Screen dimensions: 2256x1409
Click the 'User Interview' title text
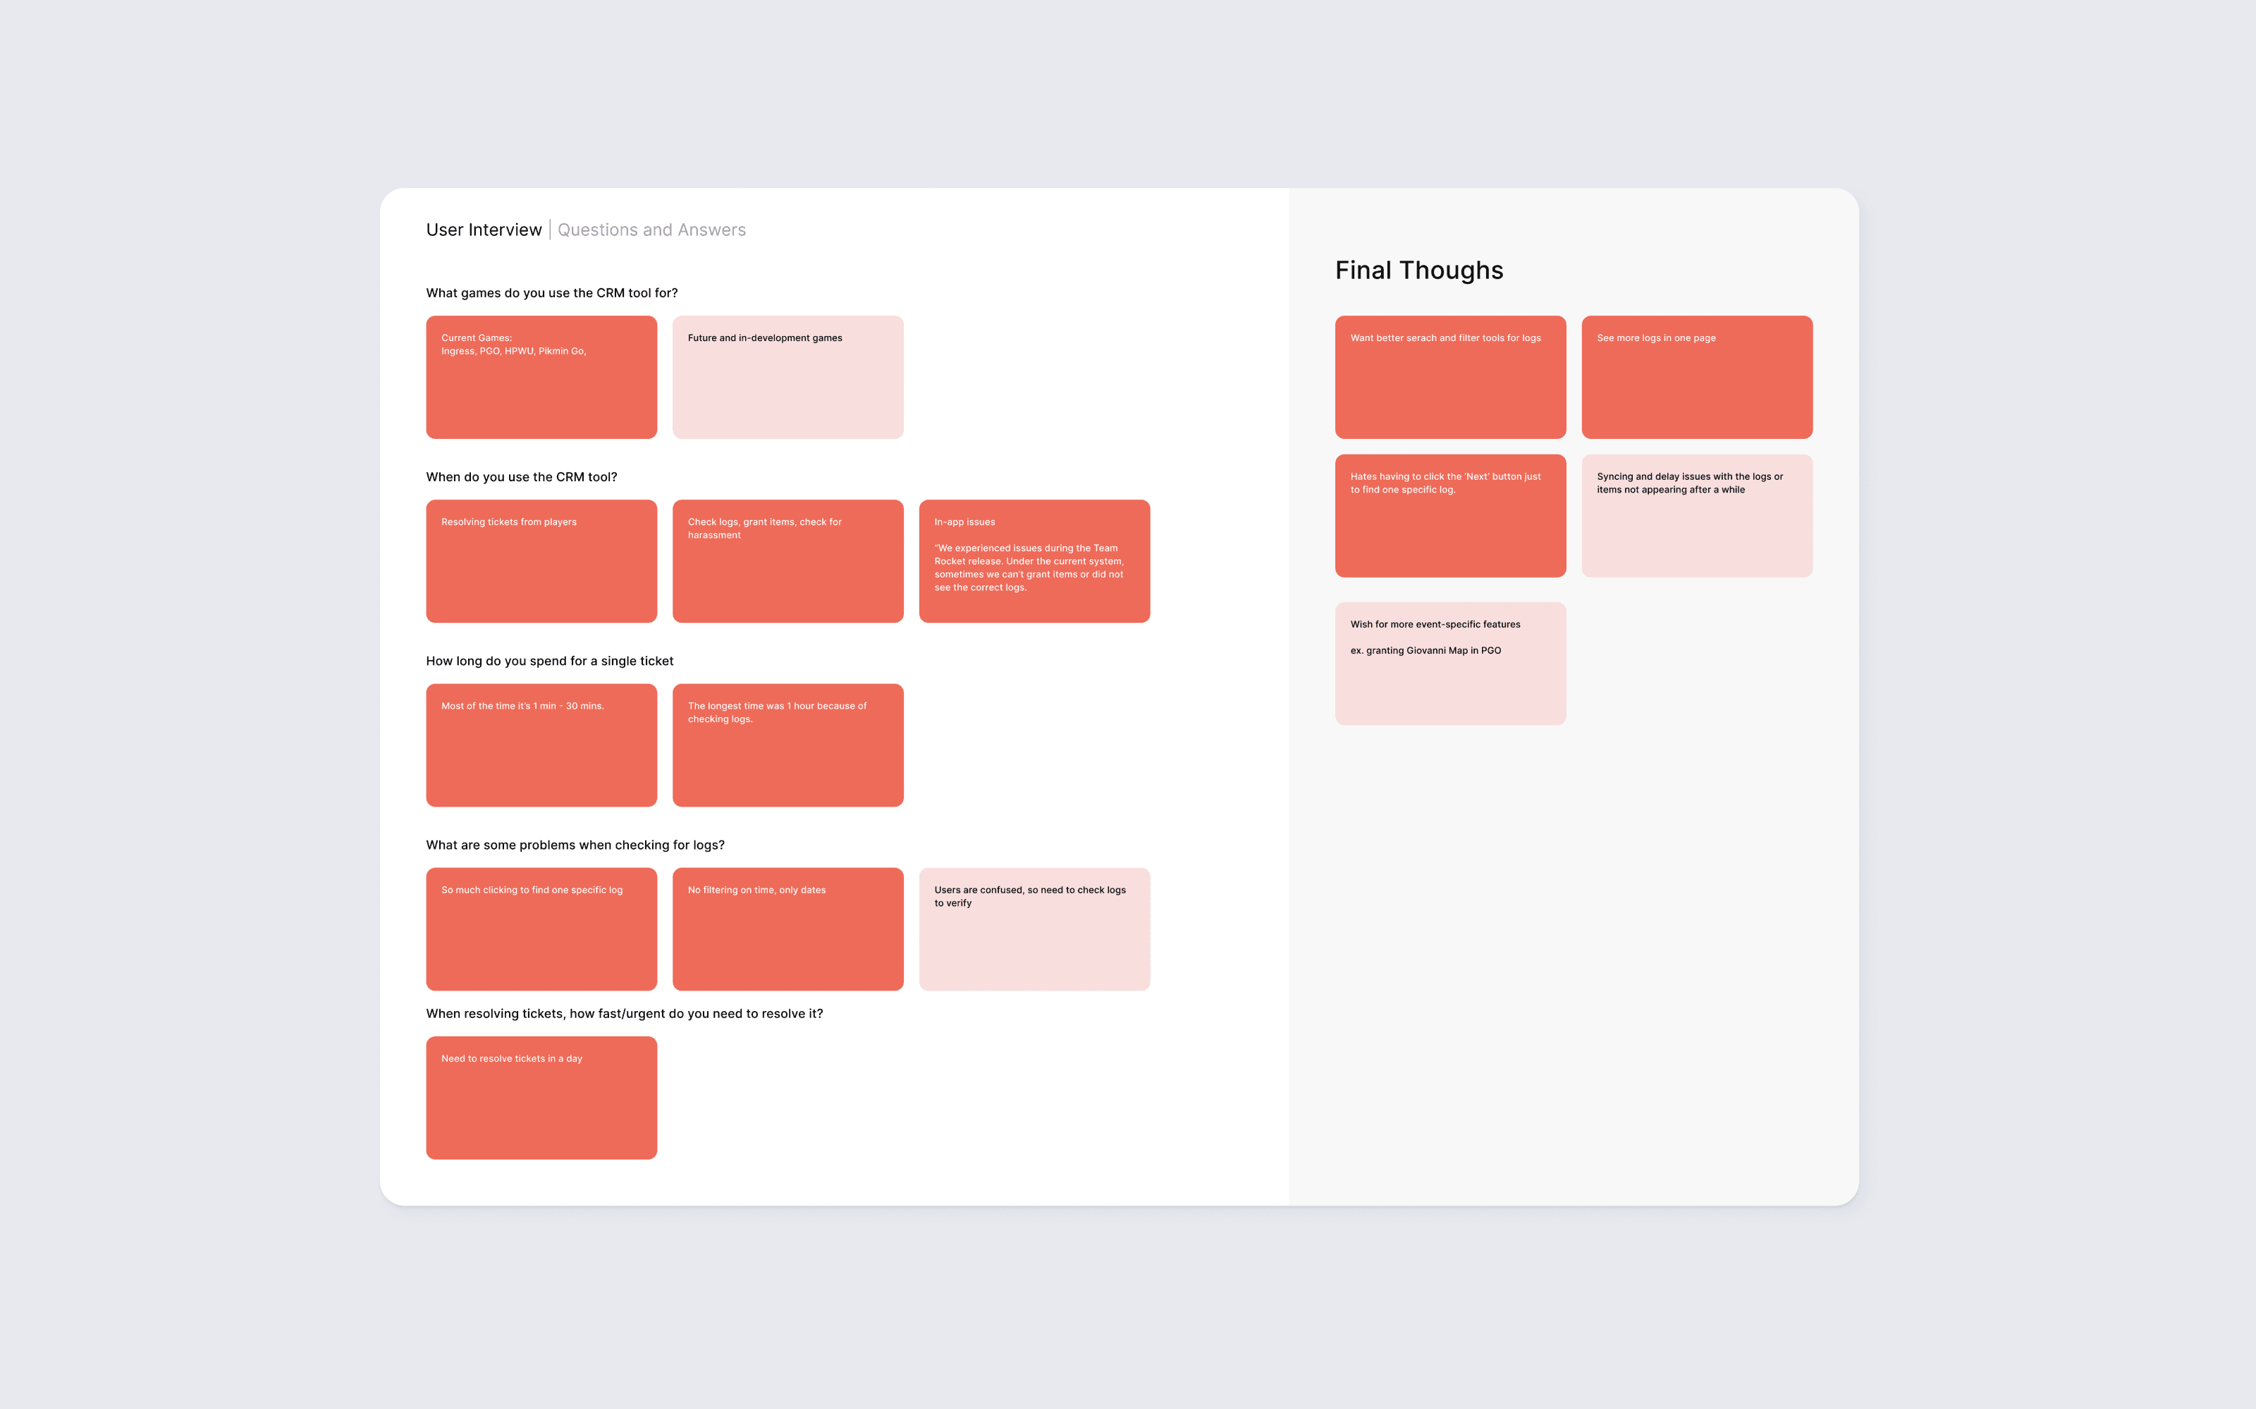point(483,230)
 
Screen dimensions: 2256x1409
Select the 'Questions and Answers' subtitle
point(651,230)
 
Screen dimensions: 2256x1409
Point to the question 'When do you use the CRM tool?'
point(521,477)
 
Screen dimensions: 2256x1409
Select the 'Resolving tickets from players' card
point(541,561)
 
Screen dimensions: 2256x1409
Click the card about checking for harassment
point(787,561)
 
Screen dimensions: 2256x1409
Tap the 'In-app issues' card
point(1034,561)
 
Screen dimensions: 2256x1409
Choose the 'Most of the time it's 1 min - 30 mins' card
point(541,745)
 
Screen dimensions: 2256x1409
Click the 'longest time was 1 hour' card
point(787,745)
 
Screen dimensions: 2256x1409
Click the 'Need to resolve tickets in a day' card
point(541,1097)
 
